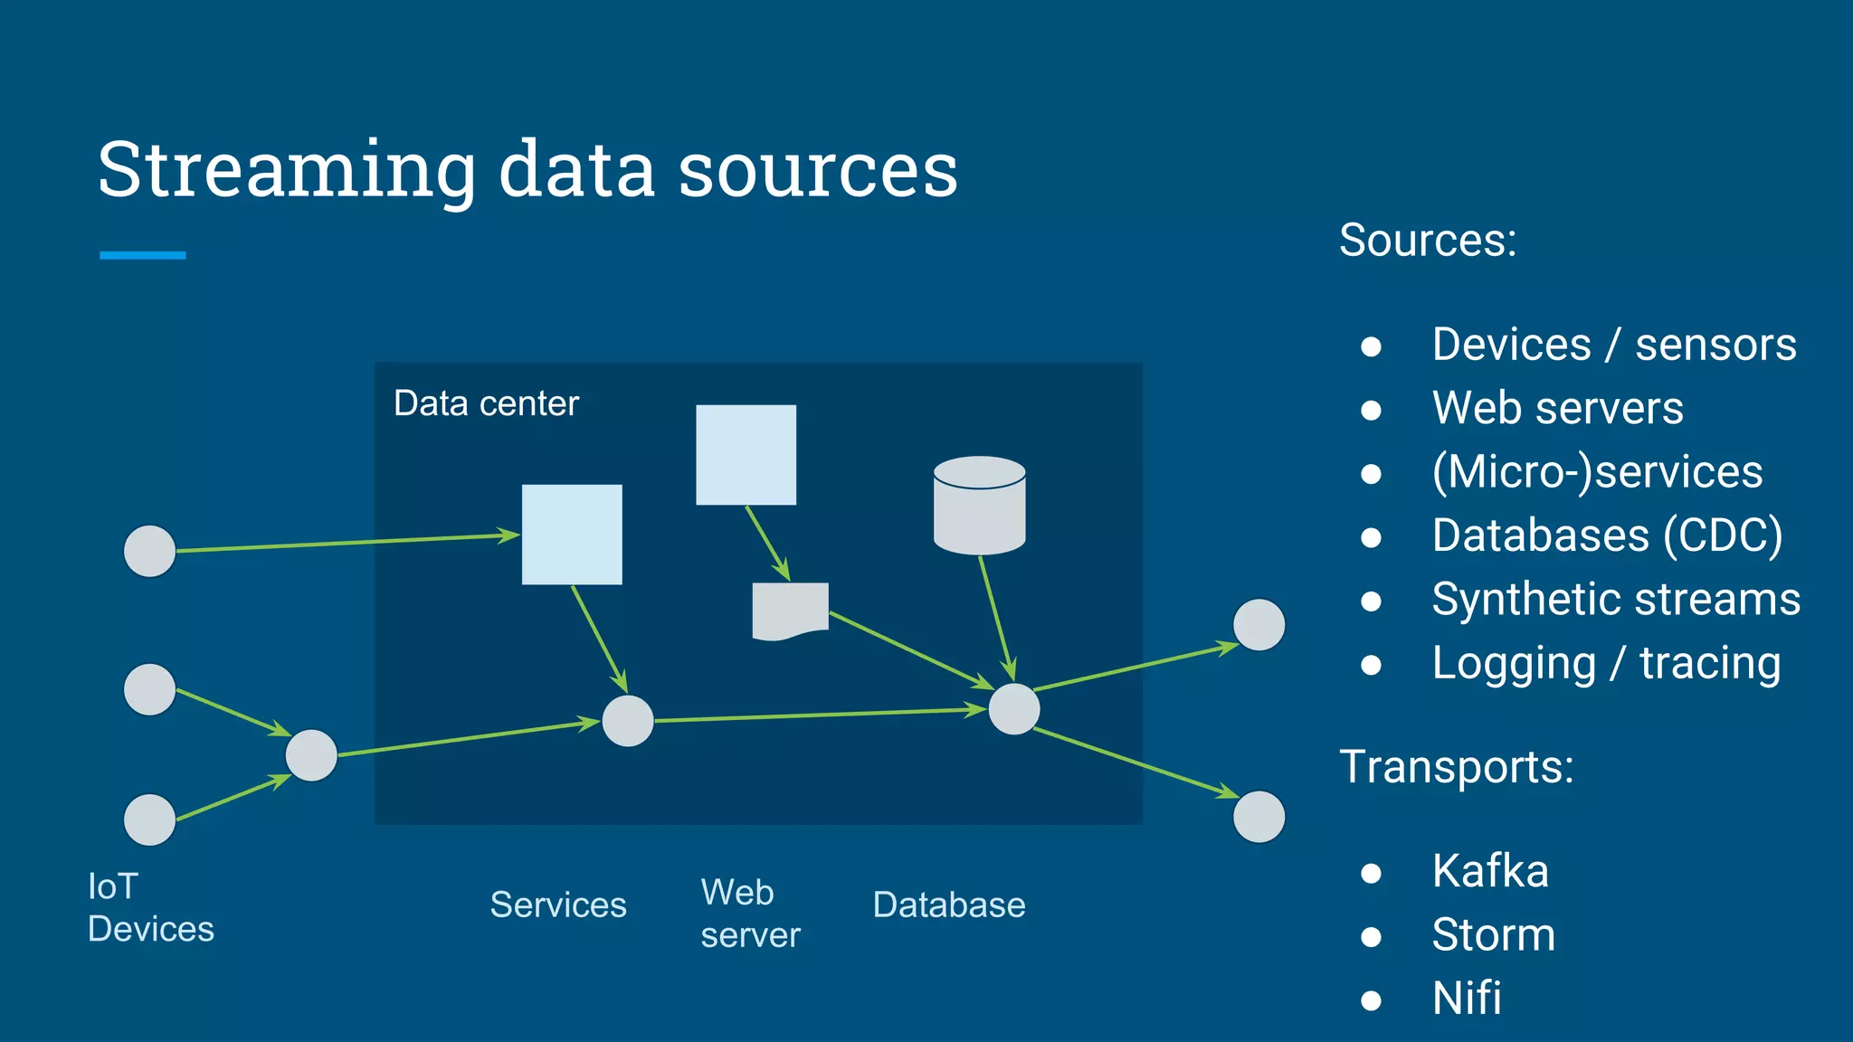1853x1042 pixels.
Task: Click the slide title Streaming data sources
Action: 527,170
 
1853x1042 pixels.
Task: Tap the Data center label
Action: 486,403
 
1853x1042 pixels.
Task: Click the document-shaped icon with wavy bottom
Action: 790,611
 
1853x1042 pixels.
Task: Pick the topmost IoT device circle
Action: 149,551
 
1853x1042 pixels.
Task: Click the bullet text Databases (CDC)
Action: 1607,535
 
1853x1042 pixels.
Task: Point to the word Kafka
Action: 1490,872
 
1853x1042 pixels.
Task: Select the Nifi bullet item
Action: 1467,999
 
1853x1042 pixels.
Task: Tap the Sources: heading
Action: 1428,241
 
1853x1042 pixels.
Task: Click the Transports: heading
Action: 1457,767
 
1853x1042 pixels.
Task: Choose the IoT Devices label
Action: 150,907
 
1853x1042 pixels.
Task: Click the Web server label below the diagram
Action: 749,914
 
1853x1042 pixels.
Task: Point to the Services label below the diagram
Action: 558,905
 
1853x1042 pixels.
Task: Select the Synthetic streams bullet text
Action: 1616,600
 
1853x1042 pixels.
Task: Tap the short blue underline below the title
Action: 143,256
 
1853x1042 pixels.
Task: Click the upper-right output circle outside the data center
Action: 1259,625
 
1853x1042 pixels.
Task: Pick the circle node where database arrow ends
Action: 1013,709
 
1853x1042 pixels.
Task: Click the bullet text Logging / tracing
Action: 1606,663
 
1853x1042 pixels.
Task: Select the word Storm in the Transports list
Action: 1493,935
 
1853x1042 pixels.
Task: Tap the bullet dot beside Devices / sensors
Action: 1371,346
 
